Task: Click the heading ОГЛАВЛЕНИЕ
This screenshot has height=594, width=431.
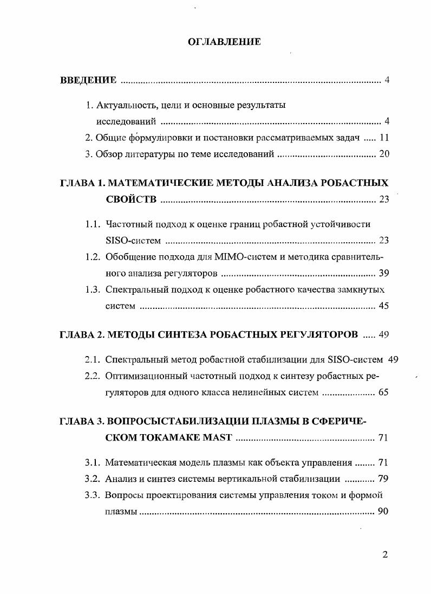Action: [224, 42]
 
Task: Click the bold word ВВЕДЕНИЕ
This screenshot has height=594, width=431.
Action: [88, 81]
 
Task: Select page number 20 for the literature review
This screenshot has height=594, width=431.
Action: [384, 154]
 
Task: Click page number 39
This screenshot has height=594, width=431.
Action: [384, 273]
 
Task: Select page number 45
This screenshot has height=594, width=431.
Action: [384, 306]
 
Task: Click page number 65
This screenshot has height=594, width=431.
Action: [383, 392]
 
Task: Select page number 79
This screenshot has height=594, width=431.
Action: [383, 479]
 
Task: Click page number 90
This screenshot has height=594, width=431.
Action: [383, 511]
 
